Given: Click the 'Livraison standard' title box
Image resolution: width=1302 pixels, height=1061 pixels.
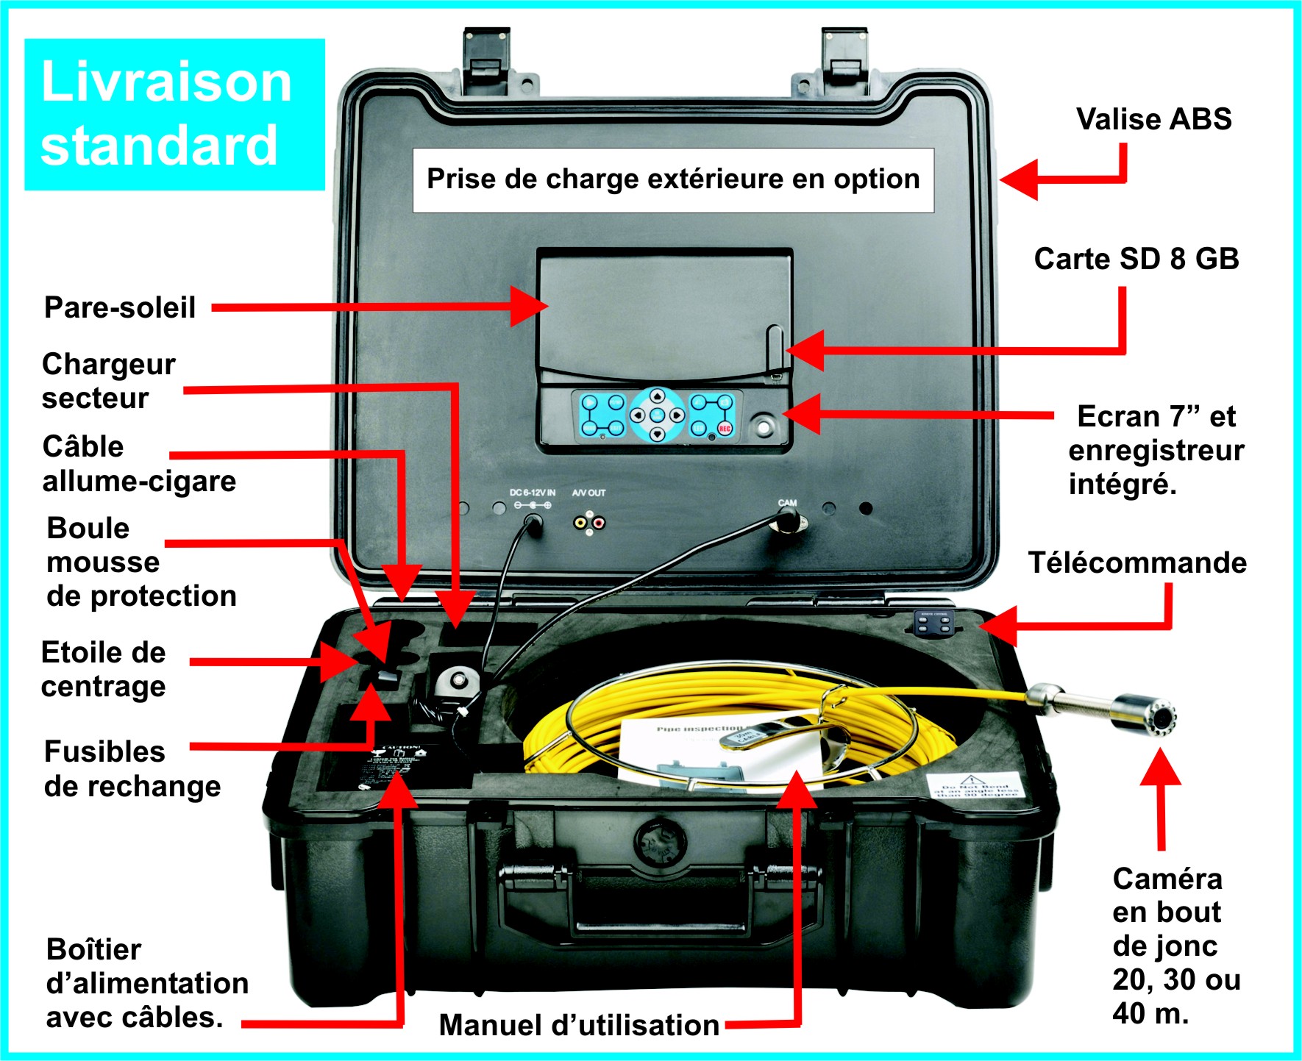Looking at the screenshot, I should (174, 114).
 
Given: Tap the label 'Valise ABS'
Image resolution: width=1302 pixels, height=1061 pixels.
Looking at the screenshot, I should (1153, 119).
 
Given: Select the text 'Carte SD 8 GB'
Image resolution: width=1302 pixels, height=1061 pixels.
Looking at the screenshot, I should (1136, 259).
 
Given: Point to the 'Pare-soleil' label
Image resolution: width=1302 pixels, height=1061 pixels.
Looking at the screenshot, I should (120, 307).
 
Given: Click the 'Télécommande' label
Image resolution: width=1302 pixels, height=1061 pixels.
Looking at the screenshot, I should (1136, 563).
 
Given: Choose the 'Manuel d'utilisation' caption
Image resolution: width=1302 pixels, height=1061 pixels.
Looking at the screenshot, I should (579, 1025).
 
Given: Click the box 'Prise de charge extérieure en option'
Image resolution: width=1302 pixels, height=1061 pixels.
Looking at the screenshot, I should (673, 180).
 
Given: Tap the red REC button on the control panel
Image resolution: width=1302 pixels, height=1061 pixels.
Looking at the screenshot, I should (725, 428).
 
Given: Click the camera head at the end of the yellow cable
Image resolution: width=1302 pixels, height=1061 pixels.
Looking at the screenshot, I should (1148, 714).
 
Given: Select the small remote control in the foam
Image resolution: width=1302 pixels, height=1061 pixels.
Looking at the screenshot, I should (933, 623).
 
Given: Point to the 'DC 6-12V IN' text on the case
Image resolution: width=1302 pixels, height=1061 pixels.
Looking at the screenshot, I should (532, 493).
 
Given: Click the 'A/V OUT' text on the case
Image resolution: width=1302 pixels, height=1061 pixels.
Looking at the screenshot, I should (588, 493).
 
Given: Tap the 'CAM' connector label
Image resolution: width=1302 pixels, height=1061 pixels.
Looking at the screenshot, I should (787, 503).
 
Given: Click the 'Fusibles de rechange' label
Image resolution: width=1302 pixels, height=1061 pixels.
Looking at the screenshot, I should (132, 769).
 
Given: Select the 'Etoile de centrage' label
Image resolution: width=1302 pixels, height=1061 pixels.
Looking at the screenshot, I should (104, 669).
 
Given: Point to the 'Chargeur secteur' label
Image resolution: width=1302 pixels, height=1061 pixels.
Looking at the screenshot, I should (109, 381).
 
